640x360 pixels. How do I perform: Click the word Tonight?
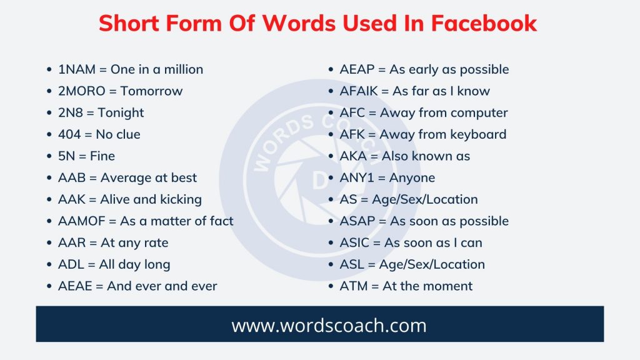121,113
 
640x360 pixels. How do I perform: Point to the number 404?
69,134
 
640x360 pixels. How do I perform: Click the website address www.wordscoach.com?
320,325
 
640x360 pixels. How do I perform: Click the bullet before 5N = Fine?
51,157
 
